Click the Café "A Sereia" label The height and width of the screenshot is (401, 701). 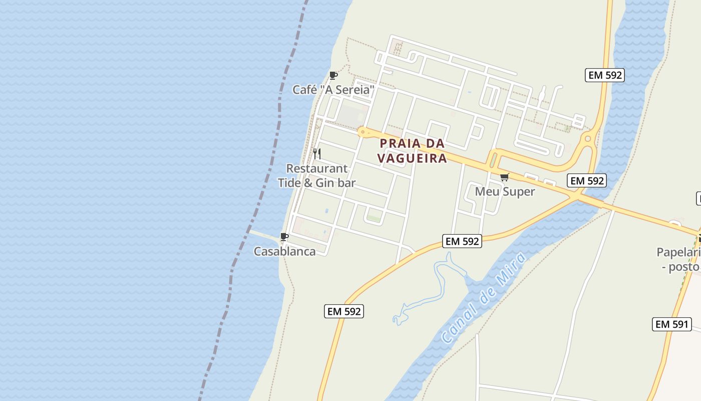coord(333,90)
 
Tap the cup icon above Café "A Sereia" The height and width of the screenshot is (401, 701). coord(333,76)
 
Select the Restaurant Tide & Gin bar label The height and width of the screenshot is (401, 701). coord(316,175)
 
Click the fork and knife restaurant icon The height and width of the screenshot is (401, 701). coord(316,153)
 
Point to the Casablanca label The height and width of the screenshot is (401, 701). coord(284,251)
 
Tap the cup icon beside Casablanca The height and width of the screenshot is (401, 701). coord(284,237)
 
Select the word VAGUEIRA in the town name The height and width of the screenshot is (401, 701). coord(412,158)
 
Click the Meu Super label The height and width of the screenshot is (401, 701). coord(505,191)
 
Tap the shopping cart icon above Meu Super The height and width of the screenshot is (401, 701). coord(504,177)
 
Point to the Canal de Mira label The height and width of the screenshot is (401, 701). coord(484,298)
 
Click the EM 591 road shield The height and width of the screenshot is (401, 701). coord(672,324)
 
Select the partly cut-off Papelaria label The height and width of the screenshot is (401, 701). coord(678,252)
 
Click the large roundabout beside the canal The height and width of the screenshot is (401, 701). coord(588,139)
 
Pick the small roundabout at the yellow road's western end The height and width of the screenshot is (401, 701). coord(362,132)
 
